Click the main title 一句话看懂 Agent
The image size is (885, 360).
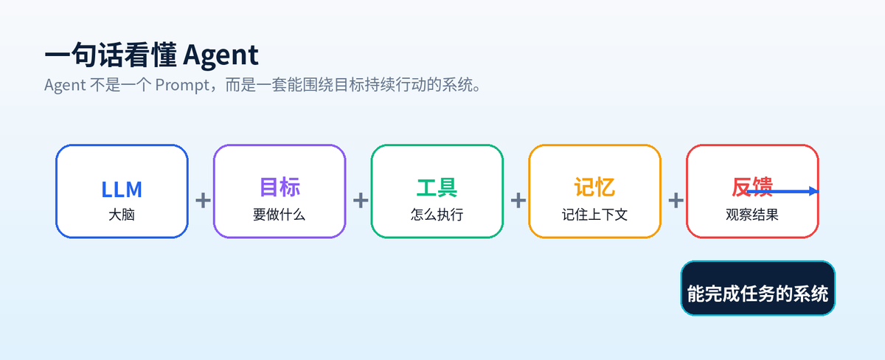pyautogui.click(x=152, y=55)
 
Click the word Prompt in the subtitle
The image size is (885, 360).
pyautogui.click(x=182, y=86)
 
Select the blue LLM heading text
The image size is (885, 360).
pyautogui.click(x=122, y=190)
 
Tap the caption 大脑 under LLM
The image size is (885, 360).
pyautogui.click(x=122, y=215)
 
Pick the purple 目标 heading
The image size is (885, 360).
pyautogui.click(x=280, y=187)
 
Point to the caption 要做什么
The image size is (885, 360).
pyautogui.click(x=280, y=215)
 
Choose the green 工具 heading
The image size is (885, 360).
pyautogui.click(x=437, y=187)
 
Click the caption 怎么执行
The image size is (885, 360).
pyautogui.click(x=437, y=215)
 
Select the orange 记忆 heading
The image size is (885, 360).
pyautogui.click(x=594, y=187)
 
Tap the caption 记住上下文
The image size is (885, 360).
pyautogui.click(x=594, y=215)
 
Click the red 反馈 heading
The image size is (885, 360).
pyautogui.click(x=752, y=187)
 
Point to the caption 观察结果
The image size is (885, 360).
pyautogui.click(x=752, y=215)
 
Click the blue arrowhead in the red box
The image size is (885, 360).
pyautogui.click(x=814, y=191)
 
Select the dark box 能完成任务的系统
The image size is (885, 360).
pyautogui.click(x=758, y=288)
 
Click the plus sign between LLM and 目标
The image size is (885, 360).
pyautogui.click(x=203, y=201)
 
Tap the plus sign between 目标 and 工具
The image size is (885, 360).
pyautogui.click(x=361, y=201)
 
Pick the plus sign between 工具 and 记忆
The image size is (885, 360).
pyautogui.click(x=518, y=201)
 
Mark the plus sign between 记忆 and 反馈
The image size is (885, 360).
pyautogui.click(x=676, y=201)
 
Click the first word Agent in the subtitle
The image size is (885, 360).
pyautogui.click(x=65, y=86)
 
